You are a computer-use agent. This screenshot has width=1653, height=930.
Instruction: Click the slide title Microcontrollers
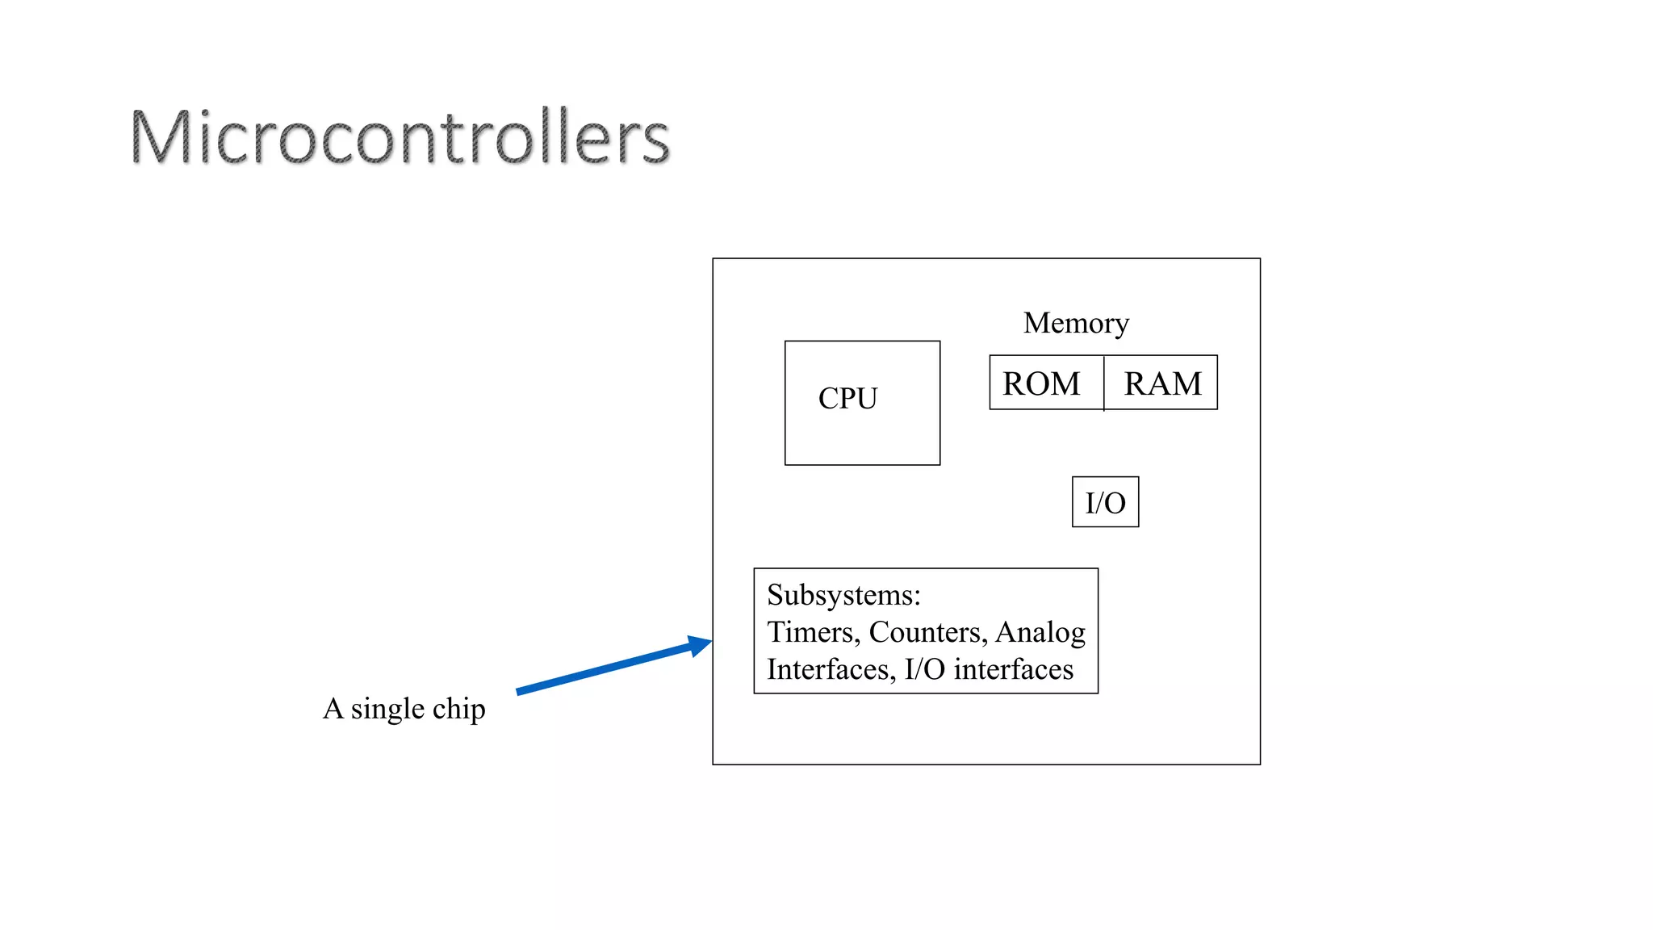point(400,137)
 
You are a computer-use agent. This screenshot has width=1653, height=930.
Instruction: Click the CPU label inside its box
point(847,398)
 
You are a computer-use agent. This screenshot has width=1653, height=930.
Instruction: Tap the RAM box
point(1162,383)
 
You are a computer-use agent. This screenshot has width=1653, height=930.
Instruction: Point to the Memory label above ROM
point(1076,323)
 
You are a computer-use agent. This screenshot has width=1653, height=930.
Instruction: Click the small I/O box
point(1105,502)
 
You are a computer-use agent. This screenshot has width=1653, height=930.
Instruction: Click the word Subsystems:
point(843,595)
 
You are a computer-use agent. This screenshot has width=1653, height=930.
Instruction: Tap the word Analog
point(1040,633)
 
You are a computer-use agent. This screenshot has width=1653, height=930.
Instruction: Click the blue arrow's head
point(701,645)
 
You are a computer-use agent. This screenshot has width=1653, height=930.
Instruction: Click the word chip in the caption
point(459,710)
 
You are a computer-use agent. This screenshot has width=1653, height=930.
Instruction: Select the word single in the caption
point(387,710)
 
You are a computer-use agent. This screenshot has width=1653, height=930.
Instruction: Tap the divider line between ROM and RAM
point(1103,383)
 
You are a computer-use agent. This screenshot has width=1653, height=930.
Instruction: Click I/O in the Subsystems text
point(924,669)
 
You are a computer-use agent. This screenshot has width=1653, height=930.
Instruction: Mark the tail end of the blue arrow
point(520,691)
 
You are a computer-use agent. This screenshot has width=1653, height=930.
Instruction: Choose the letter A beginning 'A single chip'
point(333,709)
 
